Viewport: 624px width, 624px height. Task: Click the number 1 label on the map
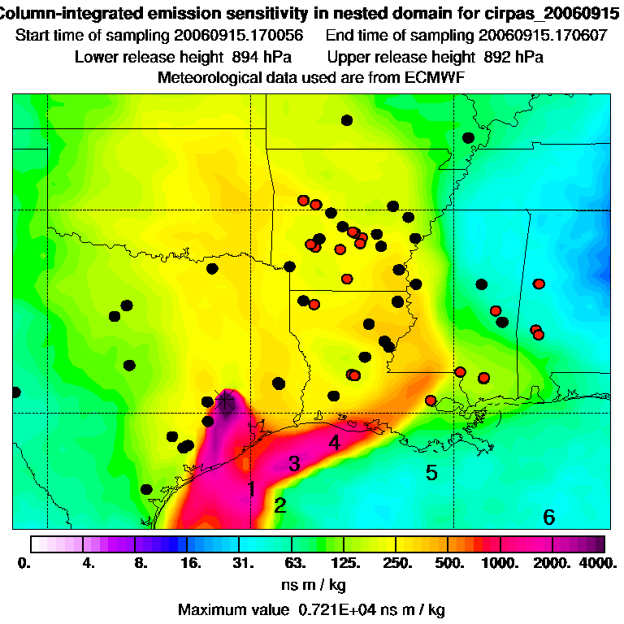coord(252,488)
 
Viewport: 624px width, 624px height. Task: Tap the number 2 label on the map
coord(280,506)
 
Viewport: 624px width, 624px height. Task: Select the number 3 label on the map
coord(294,464)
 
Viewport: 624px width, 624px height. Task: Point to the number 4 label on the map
coord(334,443)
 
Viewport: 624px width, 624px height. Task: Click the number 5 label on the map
coord(431,473)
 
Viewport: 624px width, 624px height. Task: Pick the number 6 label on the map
coord(548,517)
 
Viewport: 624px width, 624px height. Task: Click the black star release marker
coord(225,400)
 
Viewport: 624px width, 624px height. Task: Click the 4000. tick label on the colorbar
coord(600,562)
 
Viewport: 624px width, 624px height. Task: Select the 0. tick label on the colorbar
coord(24,562)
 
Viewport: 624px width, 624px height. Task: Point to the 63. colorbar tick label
coord(294,562)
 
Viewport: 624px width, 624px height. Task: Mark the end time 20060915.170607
coord(543,37)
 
